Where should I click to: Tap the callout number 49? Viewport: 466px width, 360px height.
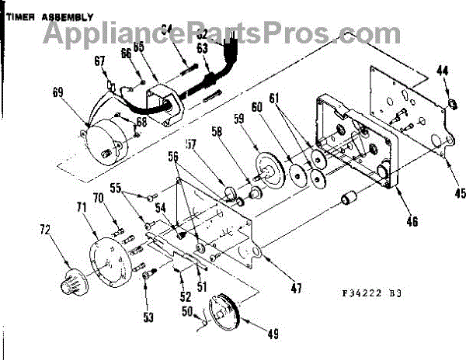273,334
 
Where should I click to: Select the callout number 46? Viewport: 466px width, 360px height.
412,221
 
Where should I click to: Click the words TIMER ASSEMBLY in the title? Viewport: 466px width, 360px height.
47,16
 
